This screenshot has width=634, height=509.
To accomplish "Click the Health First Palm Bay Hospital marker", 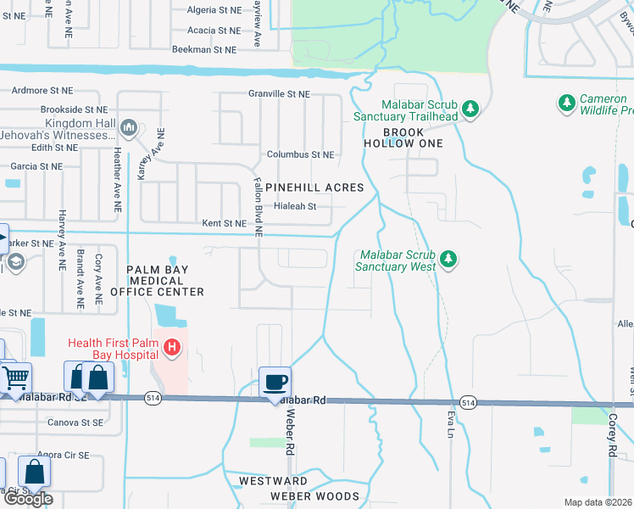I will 172,347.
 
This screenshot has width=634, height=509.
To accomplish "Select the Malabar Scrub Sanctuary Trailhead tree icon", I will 471,109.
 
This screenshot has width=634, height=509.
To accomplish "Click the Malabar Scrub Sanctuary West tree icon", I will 450,259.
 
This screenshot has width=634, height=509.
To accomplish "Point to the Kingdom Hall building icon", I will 129,128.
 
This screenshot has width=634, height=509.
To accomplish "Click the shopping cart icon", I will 16,377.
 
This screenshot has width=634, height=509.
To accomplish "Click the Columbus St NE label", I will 300,155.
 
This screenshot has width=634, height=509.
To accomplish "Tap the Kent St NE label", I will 224,223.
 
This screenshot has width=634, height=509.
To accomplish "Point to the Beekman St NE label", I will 203,50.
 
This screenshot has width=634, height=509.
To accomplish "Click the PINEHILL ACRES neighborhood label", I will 314,187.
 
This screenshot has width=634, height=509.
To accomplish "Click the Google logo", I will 27,499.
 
